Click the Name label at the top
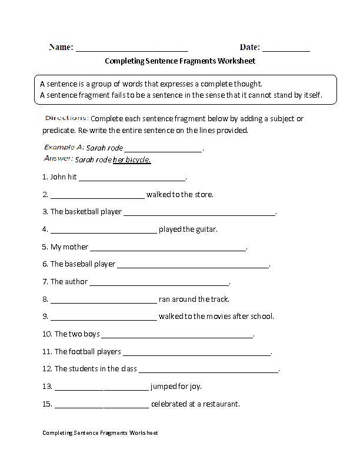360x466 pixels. (61, 47)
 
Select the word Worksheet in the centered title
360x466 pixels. (236, 61)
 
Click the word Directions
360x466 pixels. (66, 118)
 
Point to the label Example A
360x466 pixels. (64, 148)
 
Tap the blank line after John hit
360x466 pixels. (132, 178)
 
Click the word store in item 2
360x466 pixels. (202, 194)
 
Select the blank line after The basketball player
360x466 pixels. (199, 213)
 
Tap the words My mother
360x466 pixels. (68, 247)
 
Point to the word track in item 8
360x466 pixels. (219, 299)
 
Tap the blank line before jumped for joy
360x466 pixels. (101, 388)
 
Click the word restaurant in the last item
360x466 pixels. (220, 404)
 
